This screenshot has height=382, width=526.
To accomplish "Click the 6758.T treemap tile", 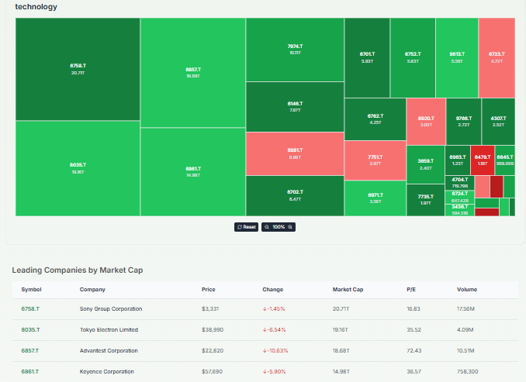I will coord(78,68).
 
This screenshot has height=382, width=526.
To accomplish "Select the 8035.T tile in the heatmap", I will coord(78,168).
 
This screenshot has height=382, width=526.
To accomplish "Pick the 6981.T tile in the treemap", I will coord(295,153).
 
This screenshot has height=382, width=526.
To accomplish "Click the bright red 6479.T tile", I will coord(482,160).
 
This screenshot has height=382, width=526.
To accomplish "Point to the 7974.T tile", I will coord(295,49).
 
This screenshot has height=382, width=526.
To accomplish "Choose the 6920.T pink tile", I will coord(425,120).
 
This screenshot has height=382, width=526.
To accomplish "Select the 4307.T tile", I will coord(498,120).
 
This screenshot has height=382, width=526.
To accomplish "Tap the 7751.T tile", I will coord(375,160).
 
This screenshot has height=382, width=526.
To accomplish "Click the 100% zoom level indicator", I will coord(278,227).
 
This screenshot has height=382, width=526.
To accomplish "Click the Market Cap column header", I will coord(348,289).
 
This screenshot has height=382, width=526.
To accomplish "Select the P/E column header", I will coord(411,289).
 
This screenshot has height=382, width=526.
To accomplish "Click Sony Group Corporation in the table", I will coord(111,309).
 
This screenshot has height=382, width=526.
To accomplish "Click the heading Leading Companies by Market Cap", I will coord(78,270).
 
